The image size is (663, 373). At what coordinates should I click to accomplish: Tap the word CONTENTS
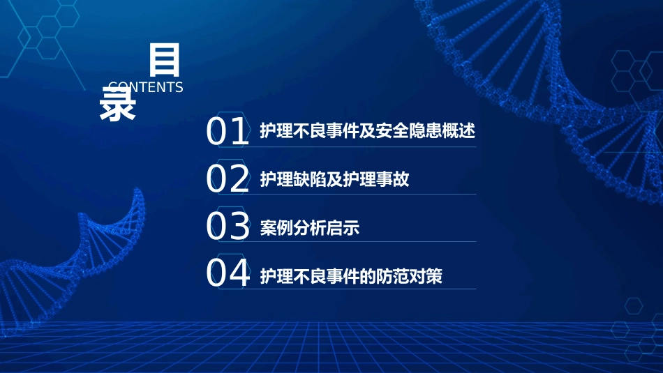tap(146, 87)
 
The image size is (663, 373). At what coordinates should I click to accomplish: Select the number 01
tap(228, 132)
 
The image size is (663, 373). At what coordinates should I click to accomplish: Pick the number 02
tap(228, 180)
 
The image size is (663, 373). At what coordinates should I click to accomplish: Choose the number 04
tap(228, 274)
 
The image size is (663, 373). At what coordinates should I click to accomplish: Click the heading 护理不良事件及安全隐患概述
tap(367, 131)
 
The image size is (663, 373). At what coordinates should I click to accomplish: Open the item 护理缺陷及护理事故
tap(334, 179)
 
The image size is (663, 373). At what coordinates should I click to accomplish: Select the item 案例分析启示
tap(309, 227)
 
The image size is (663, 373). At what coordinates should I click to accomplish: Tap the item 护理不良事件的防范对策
tap(351, 275)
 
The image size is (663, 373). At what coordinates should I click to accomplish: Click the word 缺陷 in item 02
tap(309, 179)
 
